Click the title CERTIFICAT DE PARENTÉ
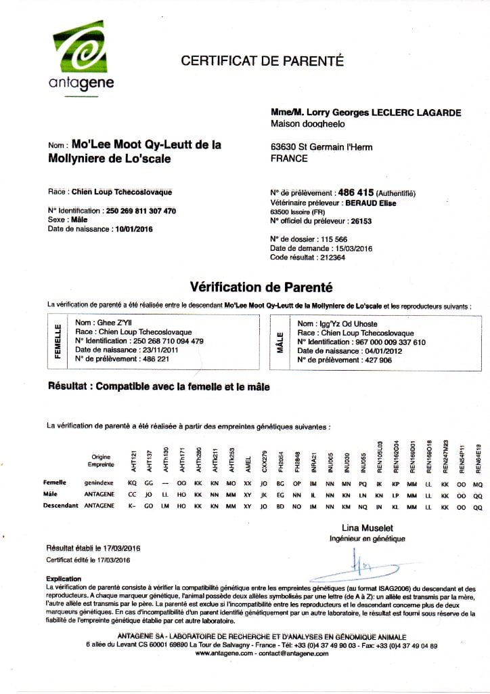[x=263, y=61]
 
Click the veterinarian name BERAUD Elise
[x=371, y=202]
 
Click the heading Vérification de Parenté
[x=261, y=287]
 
